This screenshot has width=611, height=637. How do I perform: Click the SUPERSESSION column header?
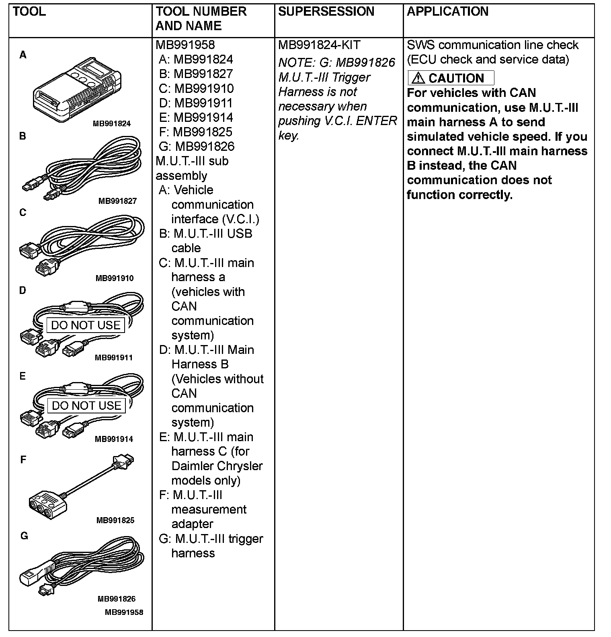click(326, 11)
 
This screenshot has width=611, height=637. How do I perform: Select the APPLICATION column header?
click(447, 11)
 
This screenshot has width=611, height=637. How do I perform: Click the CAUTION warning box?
click(451, 78)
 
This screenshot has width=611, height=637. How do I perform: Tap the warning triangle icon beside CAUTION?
click(418, 78)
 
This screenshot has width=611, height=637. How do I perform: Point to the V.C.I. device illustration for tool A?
click(77, 90)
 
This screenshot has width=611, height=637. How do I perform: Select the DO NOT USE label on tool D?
click(86, 325)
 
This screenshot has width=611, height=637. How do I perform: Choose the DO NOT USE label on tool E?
click(86, 405)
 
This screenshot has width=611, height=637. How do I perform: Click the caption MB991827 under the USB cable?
click(117, 201)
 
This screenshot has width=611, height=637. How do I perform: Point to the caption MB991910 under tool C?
click(115, 278)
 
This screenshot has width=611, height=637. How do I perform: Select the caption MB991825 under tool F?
click(115, 520)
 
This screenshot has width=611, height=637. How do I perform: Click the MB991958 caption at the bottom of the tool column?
click(124, 612)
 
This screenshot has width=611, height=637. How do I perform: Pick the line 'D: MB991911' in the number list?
click(196, 103)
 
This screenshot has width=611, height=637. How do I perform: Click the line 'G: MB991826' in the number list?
click(197, 146)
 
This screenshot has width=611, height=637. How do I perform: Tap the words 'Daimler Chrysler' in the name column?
click(217, 466)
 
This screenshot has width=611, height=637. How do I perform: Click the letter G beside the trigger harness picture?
click(24, 536)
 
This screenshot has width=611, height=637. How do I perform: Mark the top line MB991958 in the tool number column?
click(185, 45)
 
